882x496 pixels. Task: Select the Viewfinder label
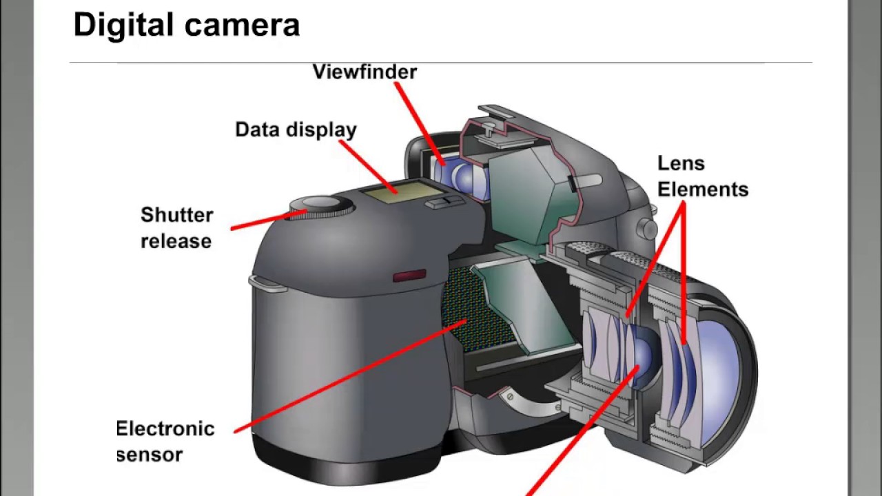(365, 72)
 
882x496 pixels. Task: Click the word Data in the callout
(258, 130)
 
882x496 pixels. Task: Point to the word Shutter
(176, 215)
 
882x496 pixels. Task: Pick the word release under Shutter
(176, 241)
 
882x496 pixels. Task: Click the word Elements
(702, 189)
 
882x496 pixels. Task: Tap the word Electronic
(165, 428)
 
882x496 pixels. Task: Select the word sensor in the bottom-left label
(150, 455)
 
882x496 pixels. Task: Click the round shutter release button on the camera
(320, 204)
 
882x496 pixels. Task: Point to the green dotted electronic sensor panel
(469, 303)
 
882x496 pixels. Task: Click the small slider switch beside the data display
(442, 202)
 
